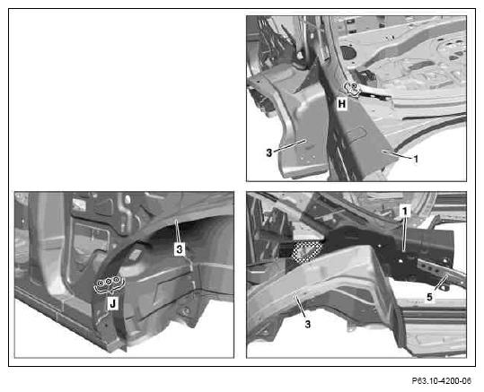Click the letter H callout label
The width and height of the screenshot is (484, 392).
click(x=342, y=104)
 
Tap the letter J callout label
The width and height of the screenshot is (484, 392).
click(x=112, y=303)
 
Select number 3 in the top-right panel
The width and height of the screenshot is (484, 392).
click(x=269, y=152)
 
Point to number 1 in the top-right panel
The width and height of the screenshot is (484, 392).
click(x=416, y=159)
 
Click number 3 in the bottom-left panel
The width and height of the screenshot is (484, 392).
click(x=180, y=248)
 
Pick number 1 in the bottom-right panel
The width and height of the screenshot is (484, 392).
click(x=405, y=211)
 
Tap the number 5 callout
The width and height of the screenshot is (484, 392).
click(x=429, y=297)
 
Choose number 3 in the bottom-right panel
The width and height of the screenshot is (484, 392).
click(x=307, y=324)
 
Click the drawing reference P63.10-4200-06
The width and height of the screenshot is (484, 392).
click(x=442, y=381)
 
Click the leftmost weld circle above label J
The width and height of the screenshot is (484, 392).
click(x=101, y=283)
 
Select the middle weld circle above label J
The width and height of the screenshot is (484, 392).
click(x=109, y=282)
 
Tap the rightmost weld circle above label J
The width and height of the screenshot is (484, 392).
click(x=116, y=280)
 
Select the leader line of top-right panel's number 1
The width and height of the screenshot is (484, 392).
click(x=397, y=154)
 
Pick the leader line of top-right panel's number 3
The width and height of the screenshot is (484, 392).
click(x=289, y=145)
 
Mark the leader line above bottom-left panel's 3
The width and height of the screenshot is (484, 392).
click(x=177, y=231)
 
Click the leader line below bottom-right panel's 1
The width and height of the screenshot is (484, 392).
click(x=405, y=233)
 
